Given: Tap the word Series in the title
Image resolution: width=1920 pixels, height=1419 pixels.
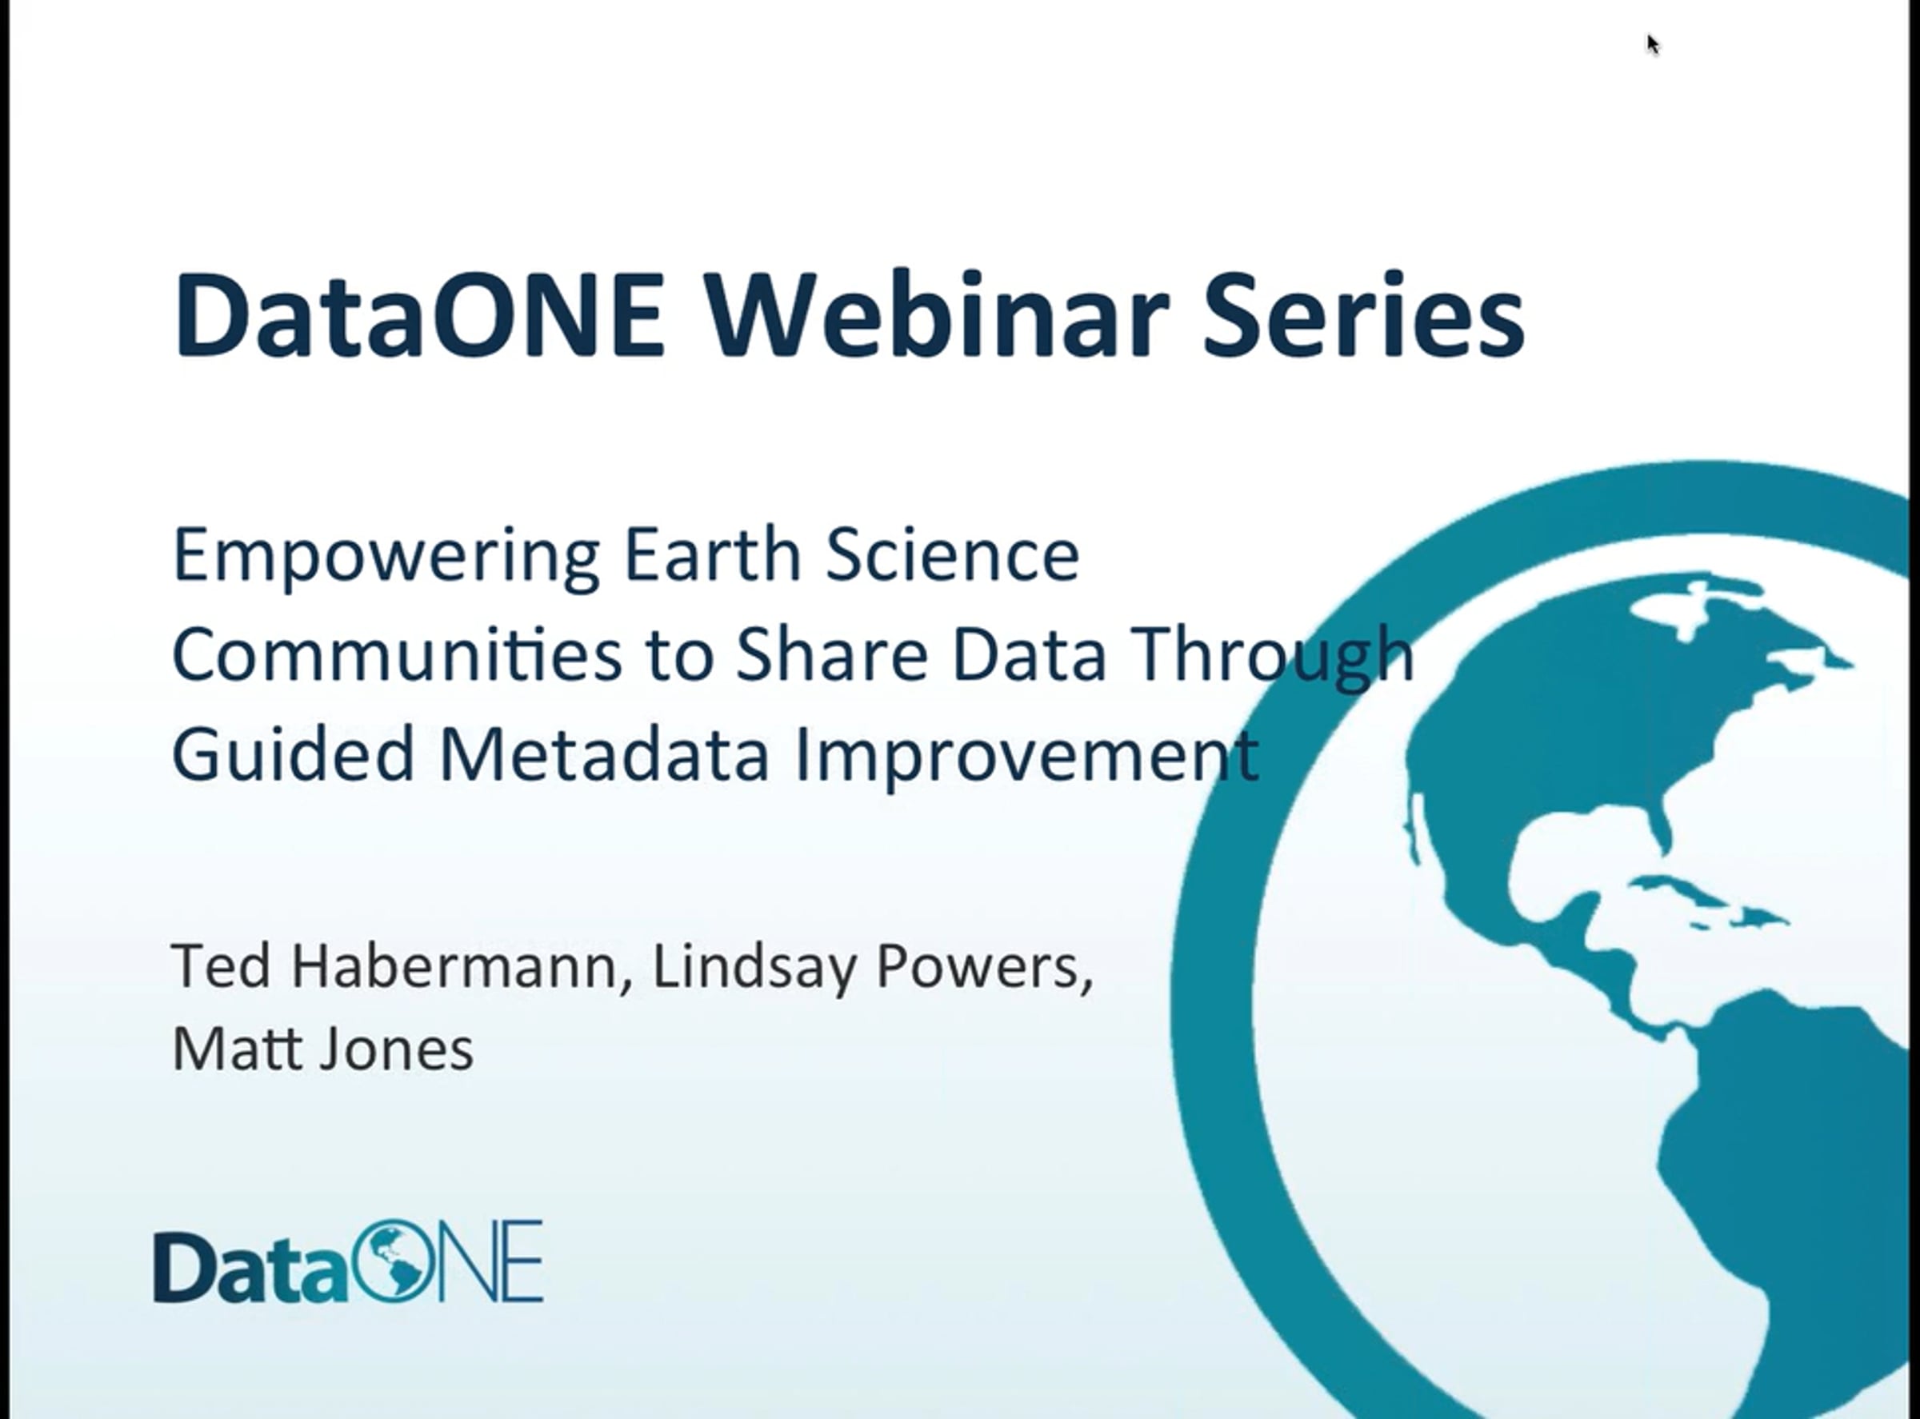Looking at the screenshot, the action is (1363, 314).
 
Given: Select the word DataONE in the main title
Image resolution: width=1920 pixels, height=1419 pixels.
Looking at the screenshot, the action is (419, 314).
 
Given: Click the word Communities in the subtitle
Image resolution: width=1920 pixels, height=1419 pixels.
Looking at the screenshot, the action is (397, 654).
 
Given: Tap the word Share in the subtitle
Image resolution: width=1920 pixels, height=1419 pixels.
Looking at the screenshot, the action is (830, 654).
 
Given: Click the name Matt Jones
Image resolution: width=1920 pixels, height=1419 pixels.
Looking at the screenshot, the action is (323, 1048).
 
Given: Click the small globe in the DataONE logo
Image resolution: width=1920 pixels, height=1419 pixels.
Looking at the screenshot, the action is (391, 1261).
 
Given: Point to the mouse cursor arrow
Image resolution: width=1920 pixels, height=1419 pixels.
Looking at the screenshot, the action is (1654, 45).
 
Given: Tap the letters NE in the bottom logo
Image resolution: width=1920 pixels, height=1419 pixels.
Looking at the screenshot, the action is (489, 1261).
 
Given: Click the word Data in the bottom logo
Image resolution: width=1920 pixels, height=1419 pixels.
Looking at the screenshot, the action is (252, 1267).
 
